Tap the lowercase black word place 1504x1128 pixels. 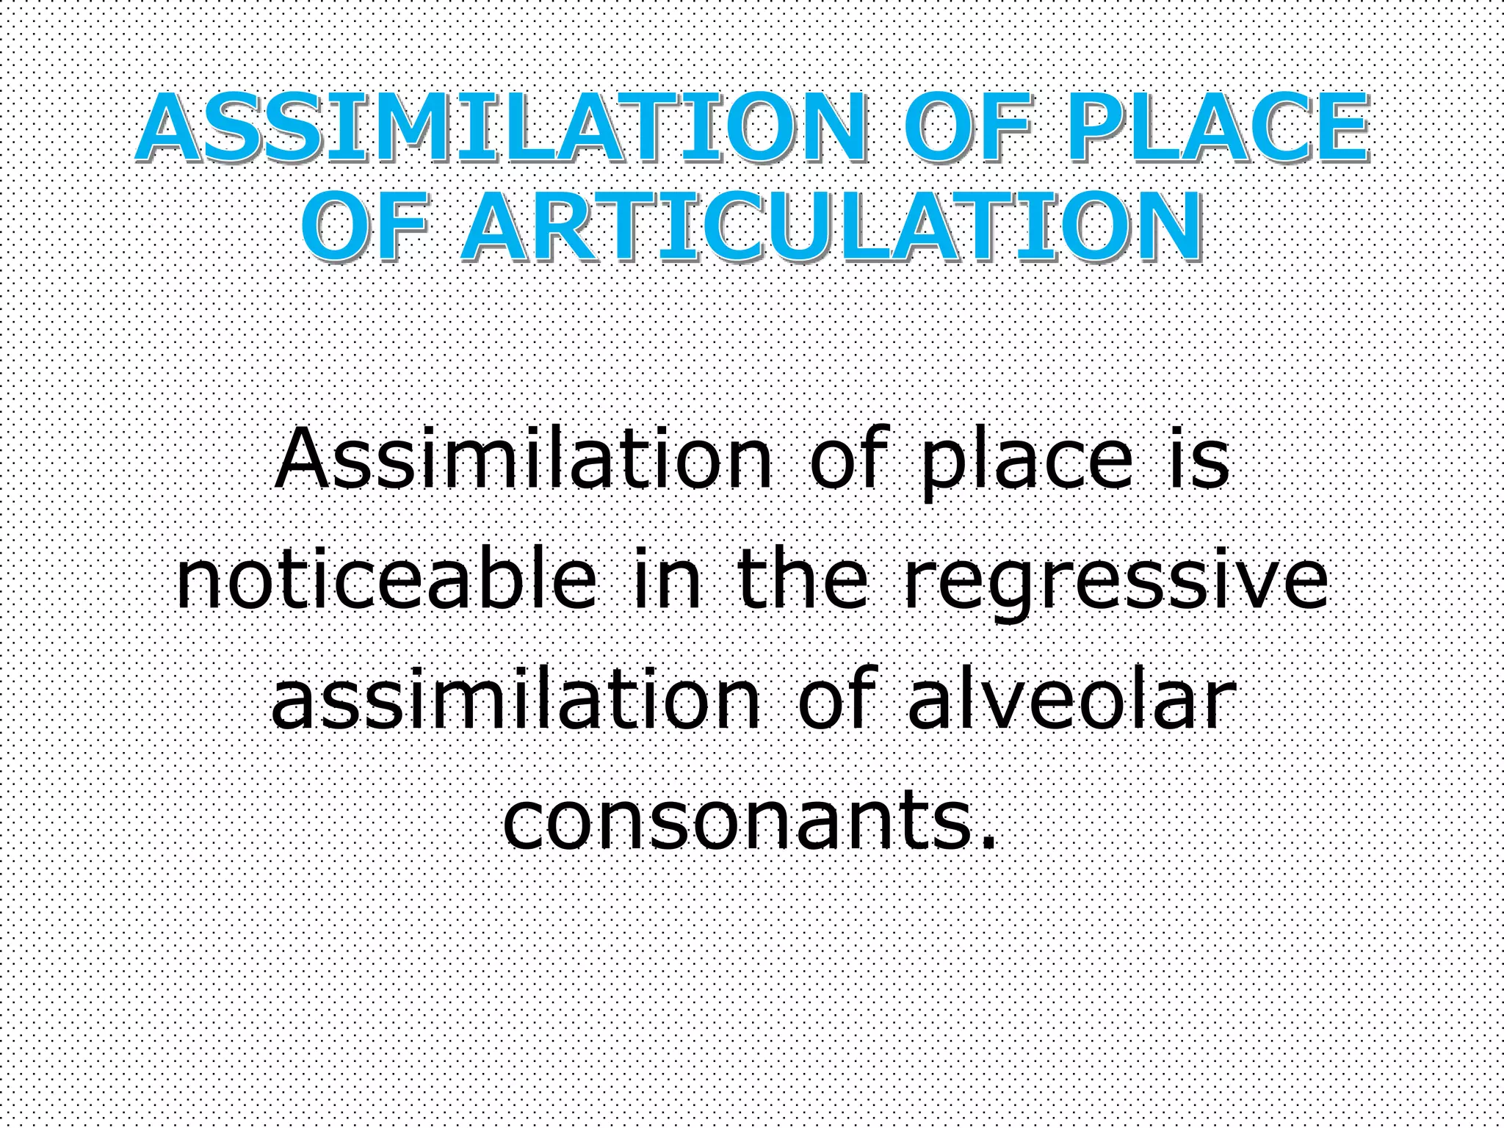tap(1028, 463)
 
